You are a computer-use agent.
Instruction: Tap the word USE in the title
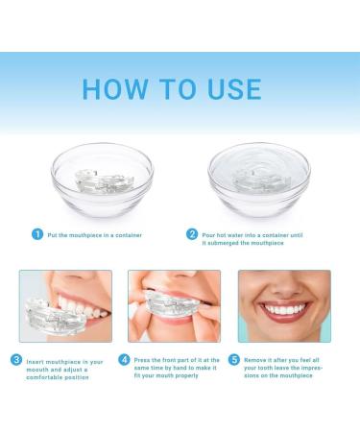pos(227,89)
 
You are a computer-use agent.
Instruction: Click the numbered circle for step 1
pos(37,233)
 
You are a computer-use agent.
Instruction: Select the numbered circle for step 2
pos(193,233)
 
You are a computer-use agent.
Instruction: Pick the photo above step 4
pos(175,305)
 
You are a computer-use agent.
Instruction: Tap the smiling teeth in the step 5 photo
pos(285,311)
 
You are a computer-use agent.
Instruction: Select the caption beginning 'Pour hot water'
pos(253,237)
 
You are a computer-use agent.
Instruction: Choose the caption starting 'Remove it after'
pos(290,369)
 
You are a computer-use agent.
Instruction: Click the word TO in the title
pos(173,89)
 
